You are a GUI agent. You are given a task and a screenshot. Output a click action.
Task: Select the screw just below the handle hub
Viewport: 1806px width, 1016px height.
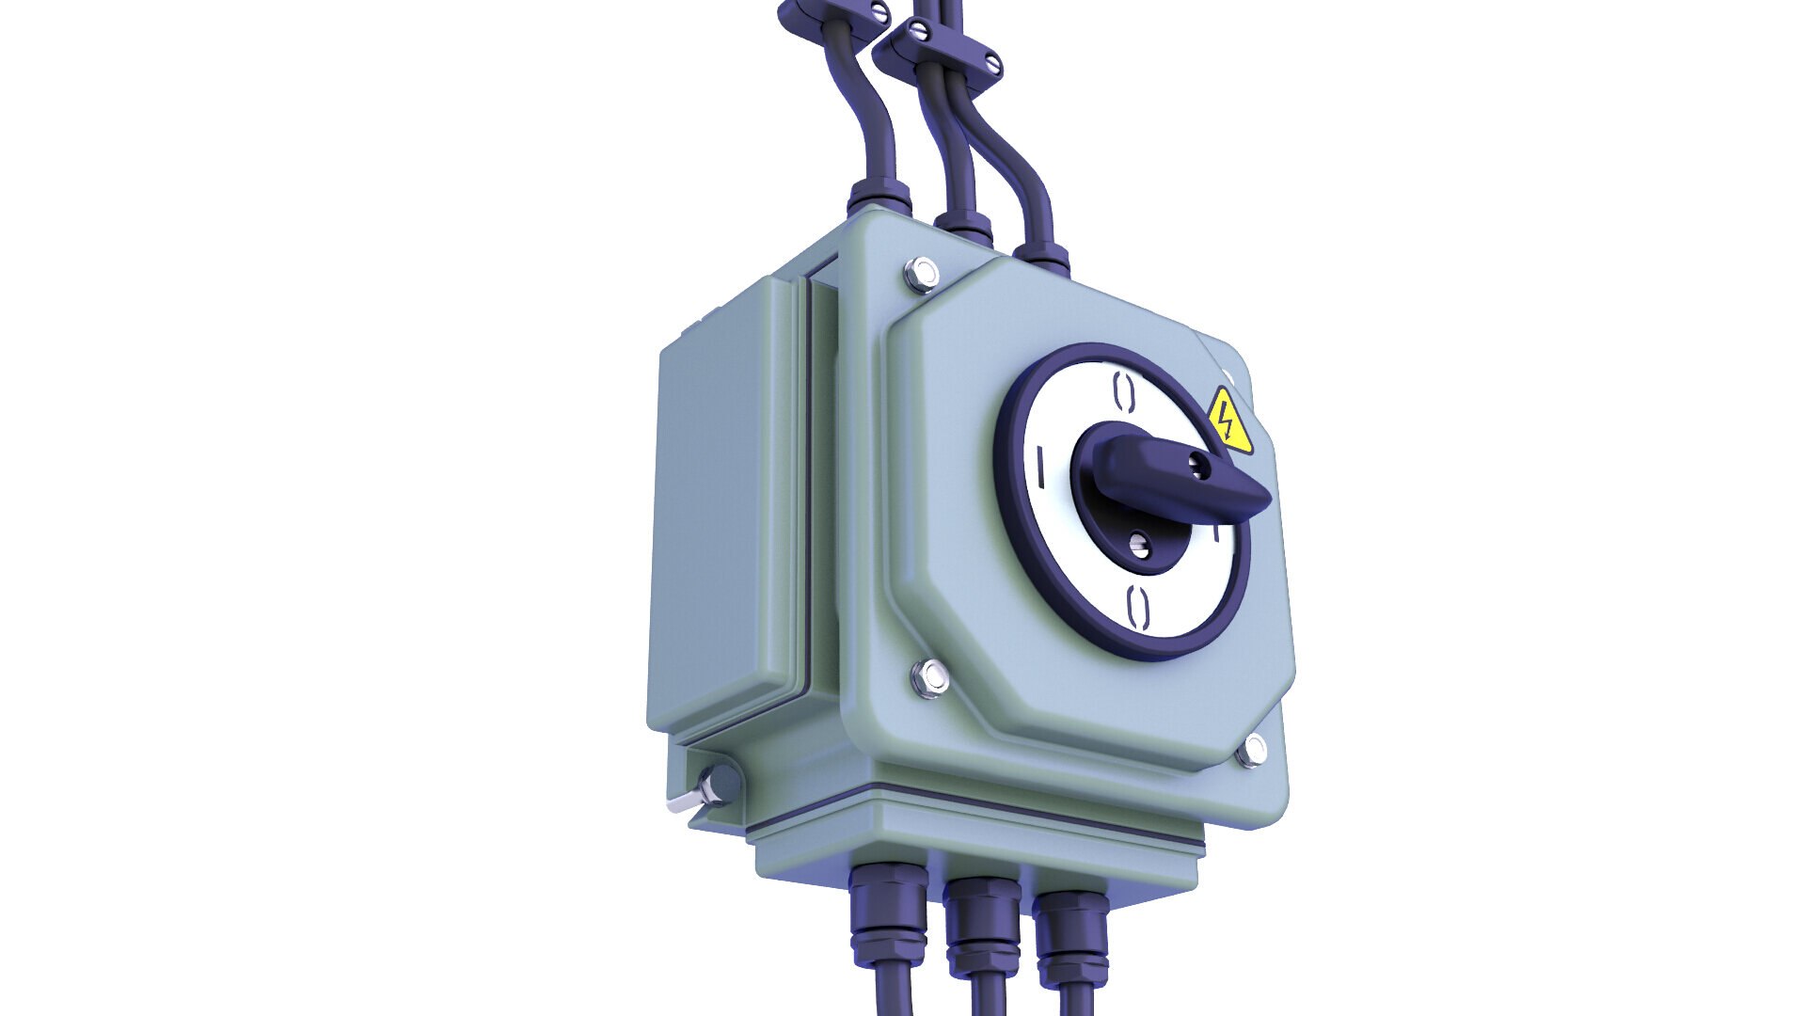[x=1139, y=542]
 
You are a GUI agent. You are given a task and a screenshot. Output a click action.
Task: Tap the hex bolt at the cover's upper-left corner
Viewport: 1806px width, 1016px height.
[x=921, y=275]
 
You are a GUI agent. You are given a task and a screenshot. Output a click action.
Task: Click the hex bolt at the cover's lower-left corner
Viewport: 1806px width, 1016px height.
[x=930, y=676]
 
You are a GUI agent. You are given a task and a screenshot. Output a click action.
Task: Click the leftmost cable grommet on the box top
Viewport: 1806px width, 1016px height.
[x=879, y=198]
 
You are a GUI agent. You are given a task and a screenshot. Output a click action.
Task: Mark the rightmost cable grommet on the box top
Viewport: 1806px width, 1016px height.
[x=1042, y=255]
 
